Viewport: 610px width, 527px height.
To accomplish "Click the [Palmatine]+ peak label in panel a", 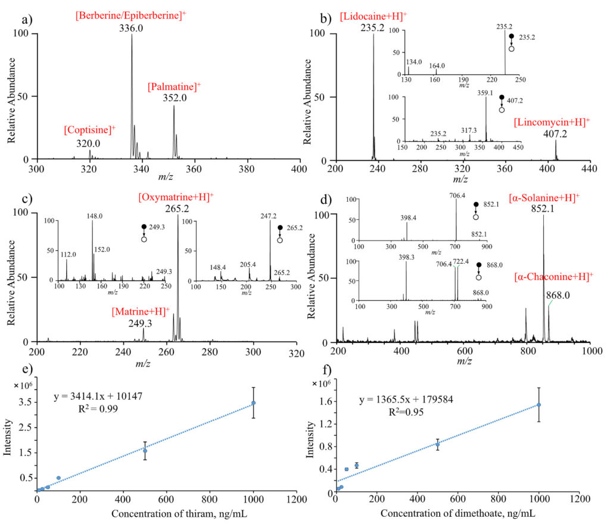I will (174, 87).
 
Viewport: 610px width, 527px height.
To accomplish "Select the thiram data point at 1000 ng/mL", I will (253, 403).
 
